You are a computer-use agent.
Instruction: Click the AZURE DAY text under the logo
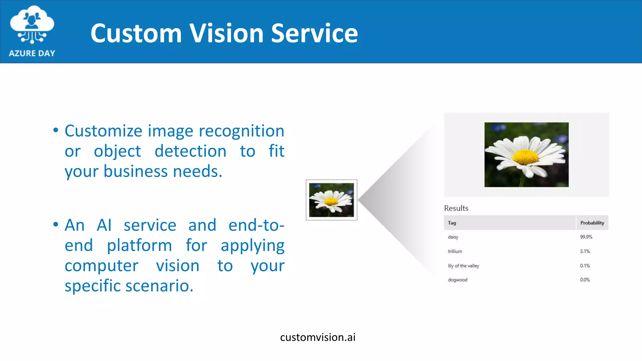coord(32,53)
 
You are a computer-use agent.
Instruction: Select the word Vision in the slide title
coord(226,33)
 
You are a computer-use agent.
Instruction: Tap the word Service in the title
coord(314,33)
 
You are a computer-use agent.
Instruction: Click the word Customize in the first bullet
coord(103,131)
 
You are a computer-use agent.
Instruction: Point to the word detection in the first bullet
coord(190,151)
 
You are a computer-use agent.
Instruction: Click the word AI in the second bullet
coord(104,225)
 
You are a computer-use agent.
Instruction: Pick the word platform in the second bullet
coord(139,245)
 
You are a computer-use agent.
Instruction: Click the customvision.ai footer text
coord(318,337)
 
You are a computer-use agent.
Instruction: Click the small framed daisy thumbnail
coord(331,200)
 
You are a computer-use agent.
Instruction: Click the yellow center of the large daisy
coord(526,157)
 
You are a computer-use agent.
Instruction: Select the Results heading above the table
coord(456,208)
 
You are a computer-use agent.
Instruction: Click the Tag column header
coord(452,223)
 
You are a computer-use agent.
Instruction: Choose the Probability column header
coord(592,223)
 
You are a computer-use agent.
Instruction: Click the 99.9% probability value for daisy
coord(586,237)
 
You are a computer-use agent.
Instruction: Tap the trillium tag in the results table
coord(455,251)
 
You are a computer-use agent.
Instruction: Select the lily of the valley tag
coord(463,266)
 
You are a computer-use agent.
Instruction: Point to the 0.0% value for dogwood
coord(585,280)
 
